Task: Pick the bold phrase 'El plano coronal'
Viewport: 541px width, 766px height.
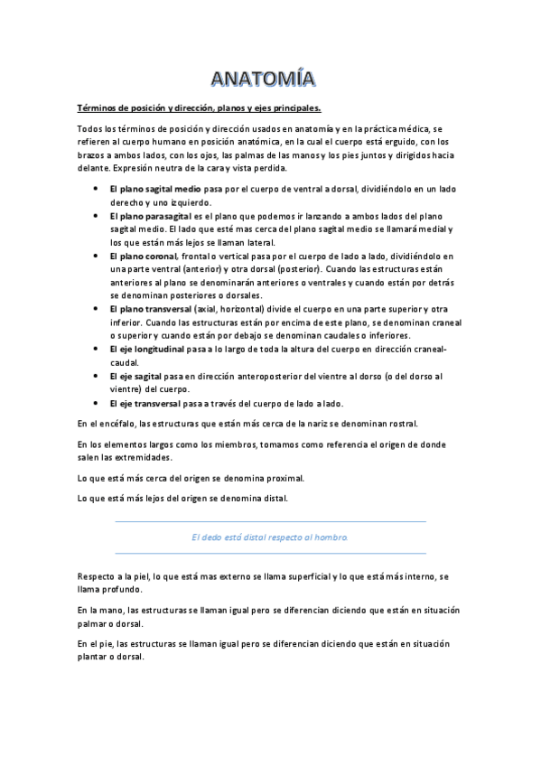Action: point(143,257)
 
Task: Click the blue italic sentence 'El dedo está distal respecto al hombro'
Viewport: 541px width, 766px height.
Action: point(270,537)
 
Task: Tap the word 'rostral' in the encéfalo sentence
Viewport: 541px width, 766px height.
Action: point(400,423)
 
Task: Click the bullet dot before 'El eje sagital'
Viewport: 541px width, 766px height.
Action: point(97,376)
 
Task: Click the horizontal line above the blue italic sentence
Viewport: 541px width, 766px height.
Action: point(270,521)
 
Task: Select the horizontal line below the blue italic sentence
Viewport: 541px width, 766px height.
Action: point(270,553)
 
